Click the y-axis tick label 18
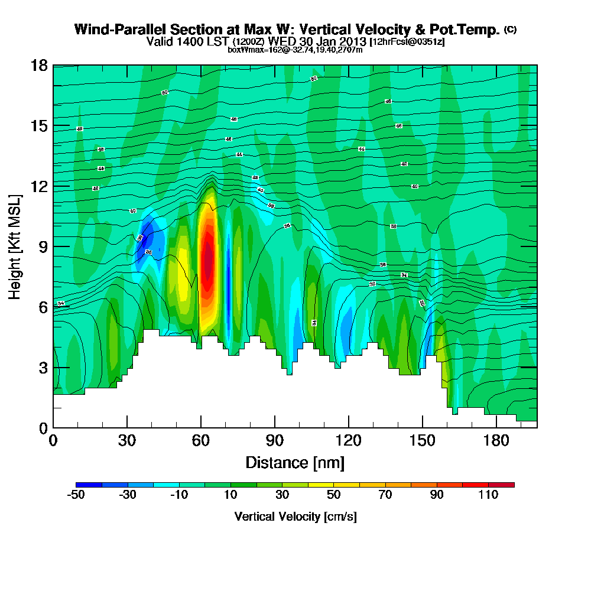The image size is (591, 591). (x=39, y=65)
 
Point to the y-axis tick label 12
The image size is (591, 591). (x=39, y=186)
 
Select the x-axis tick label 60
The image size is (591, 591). (x=201, y=441)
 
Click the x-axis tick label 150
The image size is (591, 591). (x=422, y=441)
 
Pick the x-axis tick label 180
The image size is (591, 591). (x=496, y=441)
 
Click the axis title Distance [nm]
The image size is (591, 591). (x=295, y=462)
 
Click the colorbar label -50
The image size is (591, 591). (x=76, y=495)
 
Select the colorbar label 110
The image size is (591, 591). (x=488, y=495)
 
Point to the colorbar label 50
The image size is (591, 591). (x=334, y=495)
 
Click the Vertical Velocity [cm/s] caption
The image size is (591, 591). (x=295, y=517)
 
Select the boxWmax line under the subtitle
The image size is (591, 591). (x=295, y=50)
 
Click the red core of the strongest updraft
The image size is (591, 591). (x=207, y=260)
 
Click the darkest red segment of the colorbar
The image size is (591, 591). (x=501, y=485)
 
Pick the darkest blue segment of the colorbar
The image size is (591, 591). (x=89, y=485)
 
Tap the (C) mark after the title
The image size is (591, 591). (x=510, y=29)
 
